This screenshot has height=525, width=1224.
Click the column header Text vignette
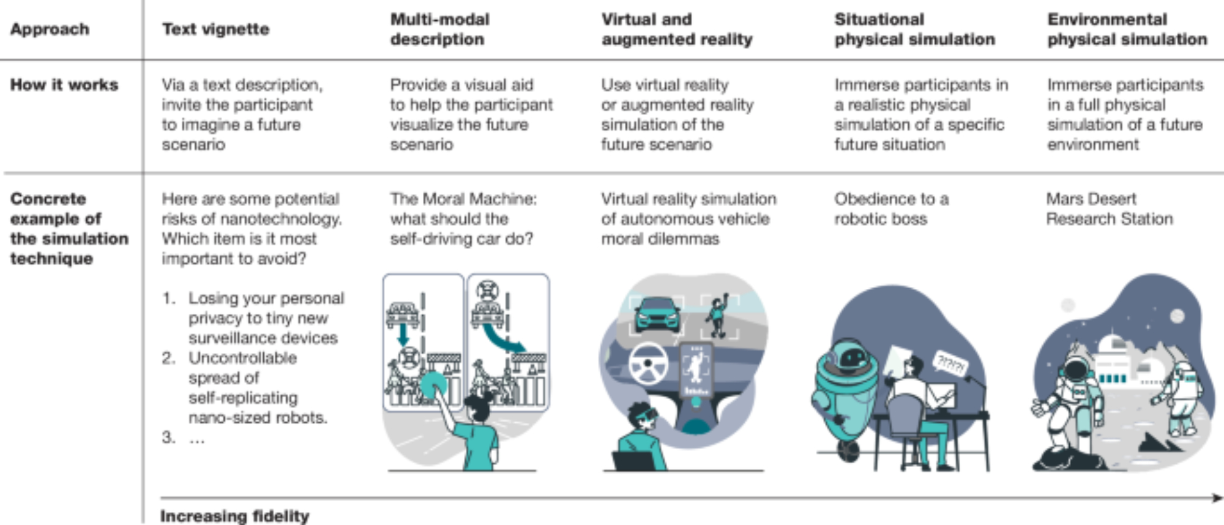(215, 29)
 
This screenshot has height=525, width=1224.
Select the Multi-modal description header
(439, 29)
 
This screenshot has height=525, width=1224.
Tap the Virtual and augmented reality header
(676, 29)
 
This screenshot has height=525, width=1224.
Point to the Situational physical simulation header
(914, 29)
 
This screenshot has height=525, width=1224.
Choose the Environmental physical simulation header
(1127, 29)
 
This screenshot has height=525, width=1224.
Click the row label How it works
(64, 85)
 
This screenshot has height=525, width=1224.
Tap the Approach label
(50, 29)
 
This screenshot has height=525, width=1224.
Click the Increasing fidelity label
(234, 516)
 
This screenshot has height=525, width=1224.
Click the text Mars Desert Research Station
(1109, 209)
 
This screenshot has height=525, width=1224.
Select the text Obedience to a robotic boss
(891, 209)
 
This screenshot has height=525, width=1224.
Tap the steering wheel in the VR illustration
(647, 363)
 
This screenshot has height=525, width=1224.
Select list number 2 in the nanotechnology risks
(168, 358)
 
